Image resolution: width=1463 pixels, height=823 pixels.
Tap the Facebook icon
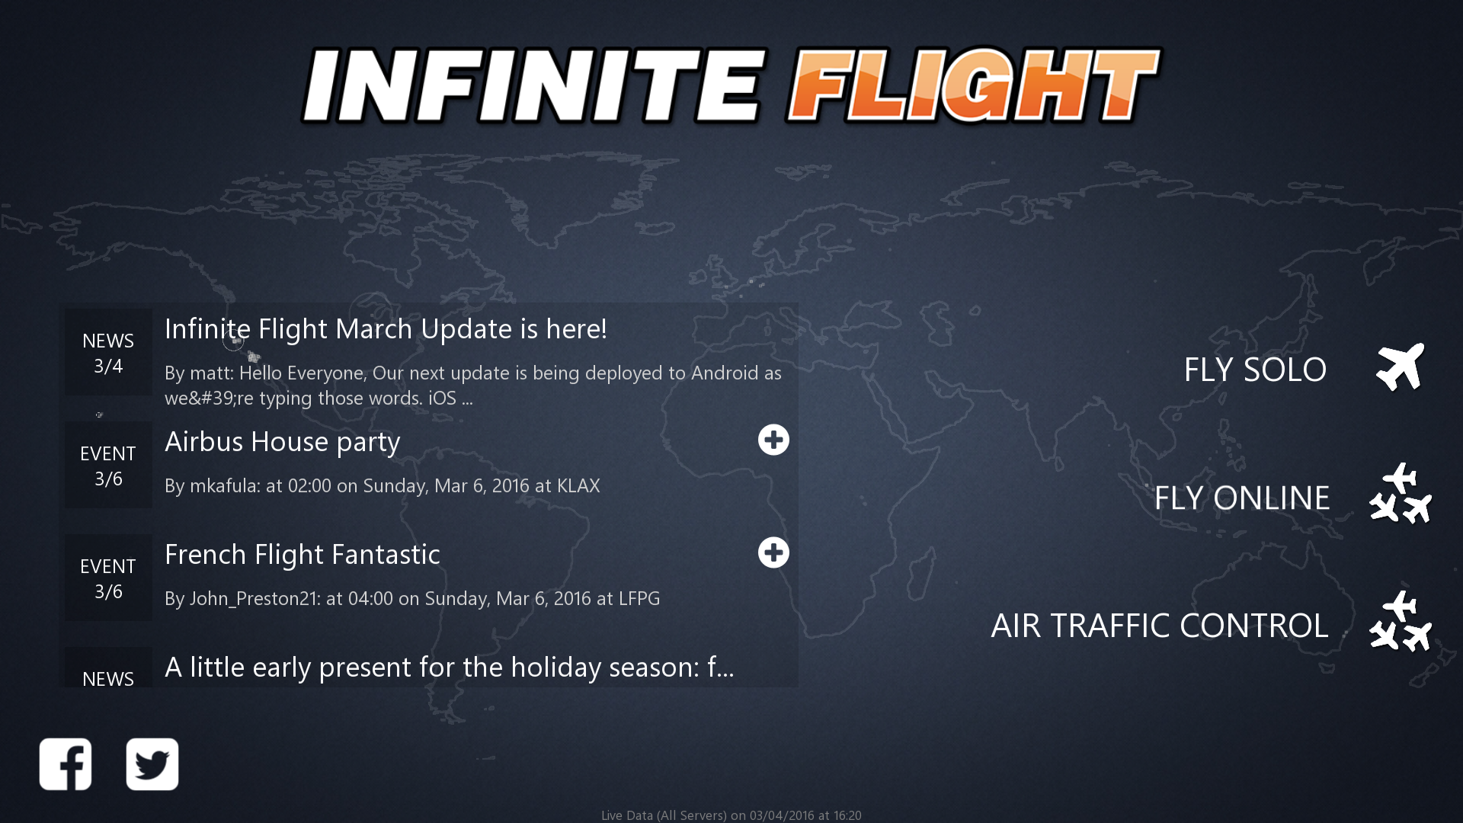[66, 764]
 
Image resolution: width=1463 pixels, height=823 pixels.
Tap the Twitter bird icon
[152, 764]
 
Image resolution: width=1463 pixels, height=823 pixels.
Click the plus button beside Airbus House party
[773, 440]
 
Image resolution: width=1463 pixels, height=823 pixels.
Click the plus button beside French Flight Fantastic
[773, 552]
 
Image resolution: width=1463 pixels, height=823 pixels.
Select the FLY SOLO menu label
[1255, 370]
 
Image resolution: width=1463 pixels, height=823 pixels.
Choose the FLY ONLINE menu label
[1242, 498]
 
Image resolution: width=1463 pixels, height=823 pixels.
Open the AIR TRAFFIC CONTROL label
[1160, 626]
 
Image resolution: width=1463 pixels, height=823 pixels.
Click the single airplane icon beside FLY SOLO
[1401, 367]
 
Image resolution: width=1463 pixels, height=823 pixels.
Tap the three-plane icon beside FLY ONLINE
[1401, 493]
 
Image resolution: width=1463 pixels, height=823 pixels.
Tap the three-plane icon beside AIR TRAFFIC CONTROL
[1401, 621]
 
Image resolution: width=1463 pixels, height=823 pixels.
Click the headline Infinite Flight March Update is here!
[386, 329]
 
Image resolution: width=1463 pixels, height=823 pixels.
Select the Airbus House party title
[283, 442]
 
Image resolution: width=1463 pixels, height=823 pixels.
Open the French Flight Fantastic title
[303, 555]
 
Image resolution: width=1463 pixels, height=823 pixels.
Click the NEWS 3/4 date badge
[108, 353]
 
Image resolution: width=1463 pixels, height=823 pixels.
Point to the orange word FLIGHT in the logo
[973, 85]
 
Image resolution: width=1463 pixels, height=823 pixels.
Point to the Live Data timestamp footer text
[731, 815]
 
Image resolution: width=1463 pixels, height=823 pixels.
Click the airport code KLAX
[578, 486]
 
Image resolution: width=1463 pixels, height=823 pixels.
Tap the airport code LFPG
[639, 599]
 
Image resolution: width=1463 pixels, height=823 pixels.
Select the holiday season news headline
[450, 668]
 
